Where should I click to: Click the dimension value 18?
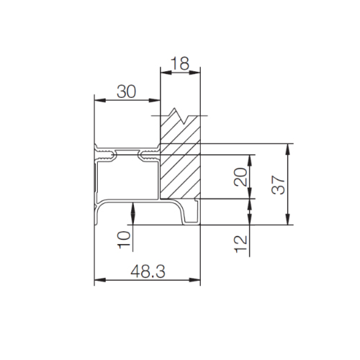coord(180,63)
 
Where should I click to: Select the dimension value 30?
coord(127,91)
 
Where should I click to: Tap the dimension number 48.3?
coord(148,271)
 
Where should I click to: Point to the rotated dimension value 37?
coord(278,184)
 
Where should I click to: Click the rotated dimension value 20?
coord(240,177)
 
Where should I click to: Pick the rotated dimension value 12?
coord(240,244)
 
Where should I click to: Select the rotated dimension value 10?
coord(124,240)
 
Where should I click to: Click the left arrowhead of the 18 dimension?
coord(166,73)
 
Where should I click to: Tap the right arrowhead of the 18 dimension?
coord(194,73)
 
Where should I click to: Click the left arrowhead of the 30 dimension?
coord(100,100)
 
